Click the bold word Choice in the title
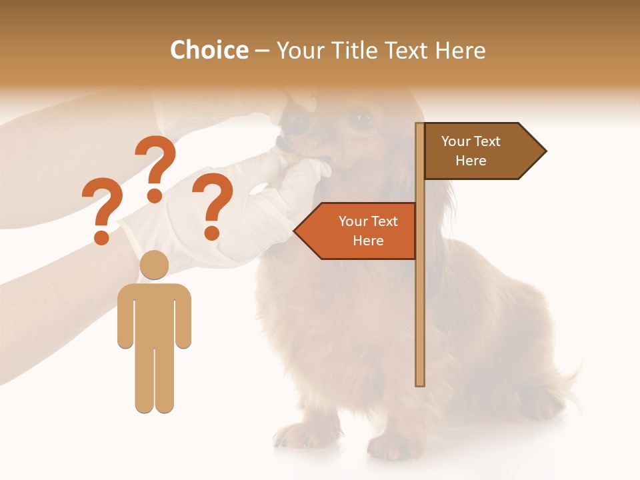click(209, 51)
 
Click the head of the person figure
click(154, 265)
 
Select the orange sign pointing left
click(360, 231)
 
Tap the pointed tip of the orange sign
click(296, 231)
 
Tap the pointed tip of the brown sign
click(545, 151)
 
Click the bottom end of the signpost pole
click(420, 383)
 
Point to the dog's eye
click(362, 120)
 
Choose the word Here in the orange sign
click(368, 241)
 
